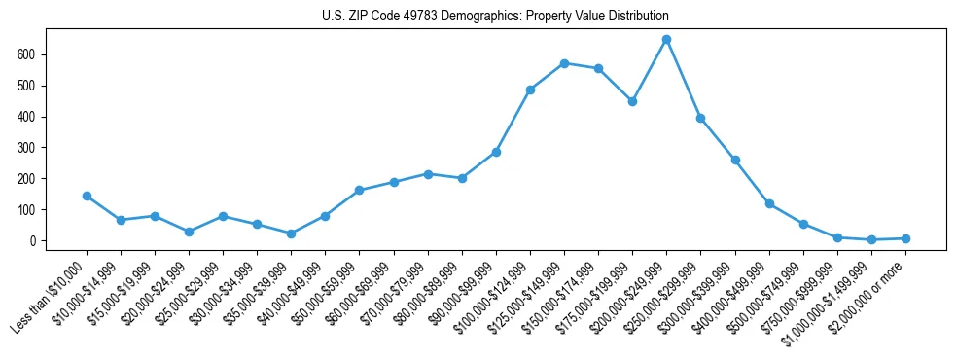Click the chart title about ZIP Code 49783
pos(495,17)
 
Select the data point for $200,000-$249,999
pos(666,40)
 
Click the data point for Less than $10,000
pos(87,196)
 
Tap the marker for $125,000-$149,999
pos(564,63)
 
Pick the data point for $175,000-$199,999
pos(632,101)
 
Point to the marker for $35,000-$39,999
pos(291,234)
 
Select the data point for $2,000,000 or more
pos(905,238)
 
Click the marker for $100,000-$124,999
pos(530,90)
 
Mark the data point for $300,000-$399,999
pos(735,160)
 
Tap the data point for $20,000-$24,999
pos(189,232)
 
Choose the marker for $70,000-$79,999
pos(428,174)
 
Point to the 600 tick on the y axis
pos(39,54)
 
